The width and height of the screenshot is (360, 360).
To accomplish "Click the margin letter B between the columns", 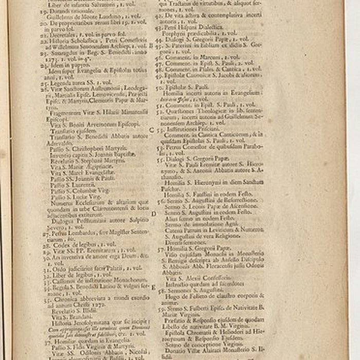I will [150, 45].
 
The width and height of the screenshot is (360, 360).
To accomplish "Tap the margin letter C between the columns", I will [151, 130].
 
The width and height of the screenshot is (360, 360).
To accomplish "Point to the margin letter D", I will [153, 213].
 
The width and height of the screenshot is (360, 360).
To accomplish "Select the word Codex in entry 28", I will [60, 244].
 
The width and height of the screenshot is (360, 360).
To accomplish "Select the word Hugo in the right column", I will [172, 296].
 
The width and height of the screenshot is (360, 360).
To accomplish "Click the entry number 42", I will [160, 16].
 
